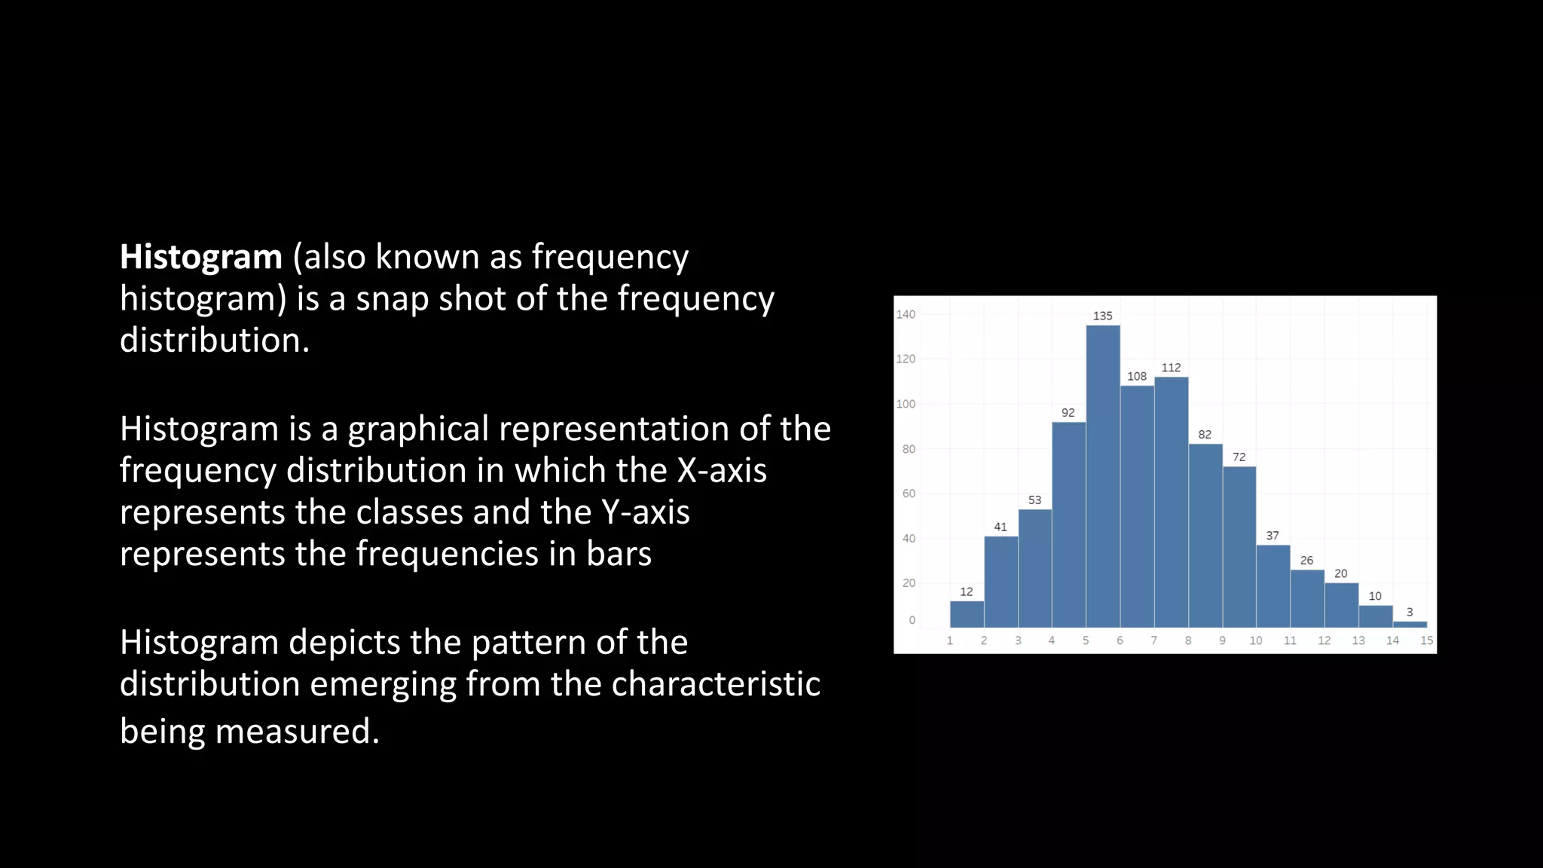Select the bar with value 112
pyautogui.click(x=1172, y=502)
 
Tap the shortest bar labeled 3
pyautogui.click(x=1410, y=624)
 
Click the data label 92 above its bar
pyautogui.click(x=1068, y=413)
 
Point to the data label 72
pyautogui.click(x=1239, y=457)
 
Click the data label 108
pyautogui.click(x=1137, y=377)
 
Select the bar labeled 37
pyautogui.click(x=1273, y=586)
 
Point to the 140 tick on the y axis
pyautogui.click(x=906, y=315)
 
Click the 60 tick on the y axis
pyautogui.click(x=909, y=494)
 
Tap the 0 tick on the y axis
pyautogui.click(x=912, y=620)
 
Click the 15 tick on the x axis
pyautogui.click(x=1426, y=640)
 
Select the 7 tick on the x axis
pyautogui.click(x=1153, y=640)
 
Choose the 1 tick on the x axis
pyautogui.click(x=949, y=640)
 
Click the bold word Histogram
pyautogui.click(x=201, y=258)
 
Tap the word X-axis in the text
pyautogui.click(x=722, y=471)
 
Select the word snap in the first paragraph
pyautogui.click(x=393, y=300)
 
